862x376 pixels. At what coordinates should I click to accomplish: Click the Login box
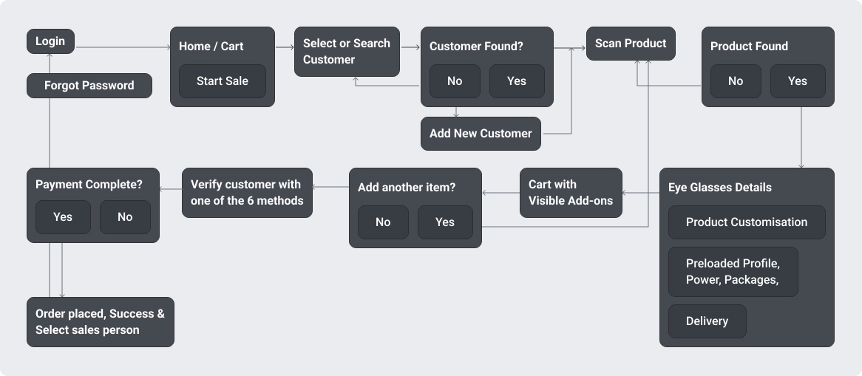(50, 41)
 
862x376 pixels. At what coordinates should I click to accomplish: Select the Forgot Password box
(89, 86)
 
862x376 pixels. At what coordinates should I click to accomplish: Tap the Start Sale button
(222, 81)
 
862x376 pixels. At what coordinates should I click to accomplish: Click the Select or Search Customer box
(347, 52)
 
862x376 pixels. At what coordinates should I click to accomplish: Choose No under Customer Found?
(455, 81)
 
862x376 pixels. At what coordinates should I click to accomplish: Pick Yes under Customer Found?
(517, 81)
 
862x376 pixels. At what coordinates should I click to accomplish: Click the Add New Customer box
(481, 134)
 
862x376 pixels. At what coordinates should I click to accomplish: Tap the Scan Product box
(631, 44)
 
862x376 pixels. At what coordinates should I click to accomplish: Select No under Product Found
(736, 81)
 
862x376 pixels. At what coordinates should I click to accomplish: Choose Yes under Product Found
(798, 81)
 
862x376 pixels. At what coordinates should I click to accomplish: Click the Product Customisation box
(747, 222)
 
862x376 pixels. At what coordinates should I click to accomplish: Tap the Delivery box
(707, 321)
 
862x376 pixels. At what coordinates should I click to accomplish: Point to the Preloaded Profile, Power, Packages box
(733, 272)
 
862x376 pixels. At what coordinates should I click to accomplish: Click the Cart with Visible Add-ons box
(571, 193)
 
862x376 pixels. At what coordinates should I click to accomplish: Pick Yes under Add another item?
(445, 222)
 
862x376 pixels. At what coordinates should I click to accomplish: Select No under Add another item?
(383, 222)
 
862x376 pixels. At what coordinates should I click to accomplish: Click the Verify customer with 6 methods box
(247, 193)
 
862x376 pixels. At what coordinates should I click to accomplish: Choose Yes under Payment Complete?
(63, 217)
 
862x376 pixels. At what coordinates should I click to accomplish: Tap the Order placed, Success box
(100, 322)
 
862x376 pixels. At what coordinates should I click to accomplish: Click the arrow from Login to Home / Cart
(123, 47)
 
